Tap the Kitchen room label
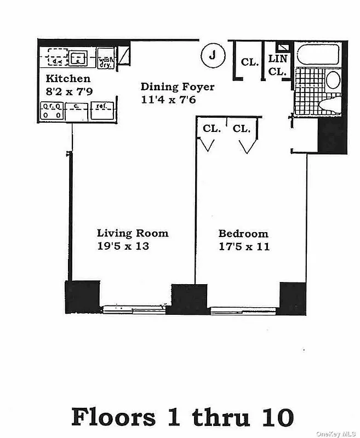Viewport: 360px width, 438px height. pyautogui.click(x=68, y=78)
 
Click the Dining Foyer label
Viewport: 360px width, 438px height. pyautogui.click(x=177, y=87)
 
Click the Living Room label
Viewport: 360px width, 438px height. pyautogui.click(x=133, y=233)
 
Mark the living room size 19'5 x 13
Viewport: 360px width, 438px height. pyautogui.click(x=123, y=246)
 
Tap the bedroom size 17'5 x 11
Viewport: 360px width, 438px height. pyautogui.click(x=243, y=246)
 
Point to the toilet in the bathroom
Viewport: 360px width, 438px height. pyautogui.click(x=329, y=103)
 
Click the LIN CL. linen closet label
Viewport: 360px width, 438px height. pyautogui.click(x=278, y=65)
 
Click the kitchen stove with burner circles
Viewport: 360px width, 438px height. pyautogui.click(x=52, y=111)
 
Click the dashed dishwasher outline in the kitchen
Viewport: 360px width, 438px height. pyautogui.click(x=56, y=57)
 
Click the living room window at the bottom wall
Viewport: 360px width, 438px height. pyautogui.click(x=134, y=309)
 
